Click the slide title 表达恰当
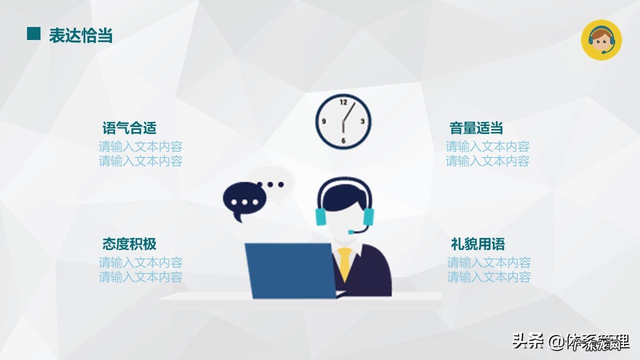[80, 35]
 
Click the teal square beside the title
[33, 33]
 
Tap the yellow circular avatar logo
[601, 40]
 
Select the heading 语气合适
[129, 128]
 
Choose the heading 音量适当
[476, 128]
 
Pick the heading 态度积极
[129, 244]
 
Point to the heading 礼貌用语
[477, 244]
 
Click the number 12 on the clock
[343, 102]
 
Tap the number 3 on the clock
[362, 121]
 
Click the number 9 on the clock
[324, 121]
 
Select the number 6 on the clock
[343, 140]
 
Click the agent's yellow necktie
[344, 263]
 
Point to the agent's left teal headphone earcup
[321, 216]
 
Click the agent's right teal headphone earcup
[368, 216]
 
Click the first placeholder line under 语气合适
[140, 147]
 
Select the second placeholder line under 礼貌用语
[488, 277]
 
